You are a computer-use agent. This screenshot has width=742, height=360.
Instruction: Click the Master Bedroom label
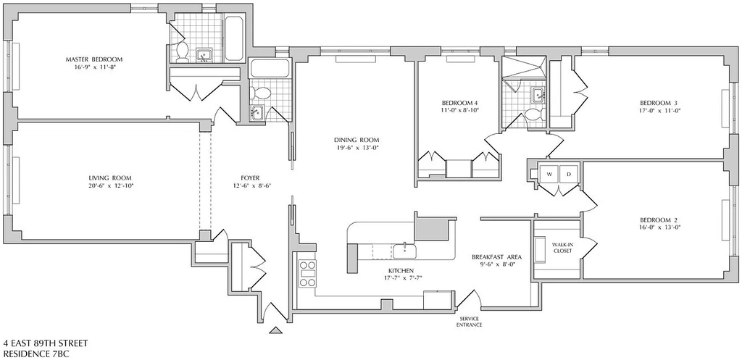point(93,59)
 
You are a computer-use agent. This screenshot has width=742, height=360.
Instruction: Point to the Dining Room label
point(357,140)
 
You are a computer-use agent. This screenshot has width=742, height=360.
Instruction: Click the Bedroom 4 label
point(457,103)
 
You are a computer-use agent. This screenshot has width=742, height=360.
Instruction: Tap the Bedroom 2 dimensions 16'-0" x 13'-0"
point(655,227)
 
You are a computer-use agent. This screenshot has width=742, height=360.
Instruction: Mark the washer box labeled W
point(549,174)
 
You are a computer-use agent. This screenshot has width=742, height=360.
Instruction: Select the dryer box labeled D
point(570,174)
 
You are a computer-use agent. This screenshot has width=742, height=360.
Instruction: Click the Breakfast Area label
point(496,257)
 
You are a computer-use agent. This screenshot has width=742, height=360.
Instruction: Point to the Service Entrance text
point(470,322)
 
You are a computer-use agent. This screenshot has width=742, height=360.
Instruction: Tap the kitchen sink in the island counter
point(405,250)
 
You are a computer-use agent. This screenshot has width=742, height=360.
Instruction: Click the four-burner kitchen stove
point(307,273)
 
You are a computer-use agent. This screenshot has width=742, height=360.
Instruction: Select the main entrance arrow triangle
point(276,330)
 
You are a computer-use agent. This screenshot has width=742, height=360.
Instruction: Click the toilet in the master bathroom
point(181,52)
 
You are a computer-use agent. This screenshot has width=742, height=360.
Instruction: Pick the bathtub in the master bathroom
point(234,39)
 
